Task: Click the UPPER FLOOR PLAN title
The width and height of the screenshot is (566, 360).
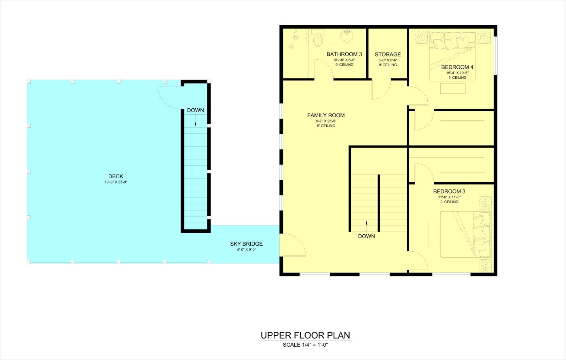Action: [x=305, y=335]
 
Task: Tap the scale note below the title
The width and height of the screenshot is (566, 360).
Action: [x=305, y=345]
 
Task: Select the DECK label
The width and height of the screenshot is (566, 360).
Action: [x=116, y=176]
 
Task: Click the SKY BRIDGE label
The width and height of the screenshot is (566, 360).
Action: [x=246, y=244]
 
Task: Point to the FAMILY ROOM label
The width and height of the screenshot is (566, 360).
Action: [x=326, y=116]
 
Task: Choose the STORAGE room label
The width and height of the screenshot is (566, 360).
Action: [x=388, y=54]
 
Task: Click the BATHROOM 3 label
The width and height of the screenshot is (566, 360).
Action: [x=344, y=54]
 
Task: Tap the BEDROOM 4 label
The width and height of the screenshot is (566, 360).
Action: [x=457, y=67]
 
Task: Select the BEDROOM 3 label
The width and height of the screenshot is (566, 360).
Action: [x=449, y=192]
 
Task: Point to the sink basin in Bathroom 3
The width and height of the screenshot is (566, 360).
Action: [x=347, y=36]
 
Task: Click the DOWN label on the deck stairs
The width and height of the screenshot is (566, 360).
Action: [x=195, y=110]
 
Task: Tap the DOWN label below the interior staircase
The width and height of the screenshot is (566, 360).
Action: [x=366, y=236]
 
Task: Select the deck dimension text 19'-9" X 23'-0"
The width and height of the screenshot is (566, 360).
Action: [x=116, y=182]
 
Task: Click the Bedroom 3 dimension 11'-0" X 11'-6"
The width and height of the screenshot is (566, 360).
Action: [x=449, y=197]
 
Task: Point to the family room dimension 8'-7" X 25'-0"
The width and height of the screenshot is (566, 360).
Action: [x=326, y=121]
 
